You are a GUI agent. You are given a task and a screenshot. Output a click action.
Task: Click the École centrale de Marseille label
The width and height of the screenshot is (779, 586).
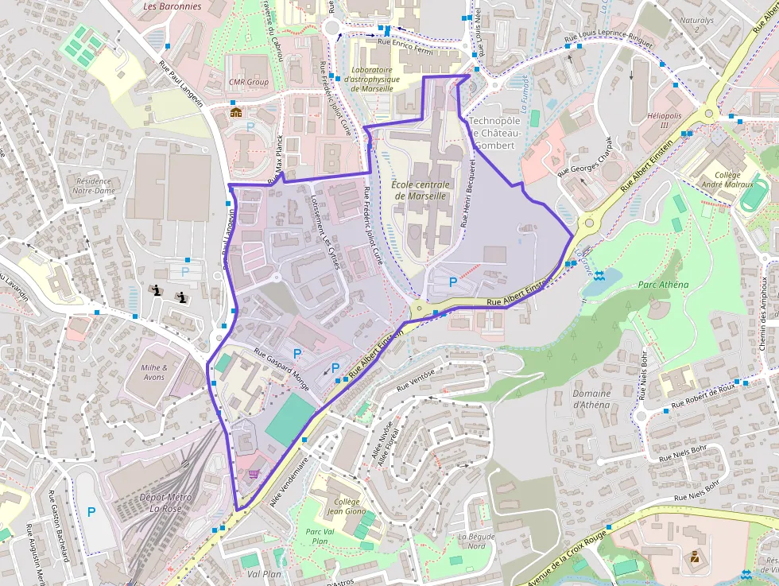tap(421, 190)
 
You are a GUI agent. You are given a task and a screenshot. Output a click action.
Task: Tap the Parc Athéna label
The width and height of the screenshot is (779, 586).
tap(663, 285)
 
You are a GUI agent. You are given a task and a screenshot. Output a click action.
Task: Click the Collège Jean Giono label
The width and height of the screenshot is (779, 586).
tap(347, 507)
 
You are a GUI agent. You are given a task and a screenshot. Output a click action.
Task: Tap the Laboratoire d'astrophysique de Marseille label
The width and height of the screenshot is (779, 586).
tap(371, 79)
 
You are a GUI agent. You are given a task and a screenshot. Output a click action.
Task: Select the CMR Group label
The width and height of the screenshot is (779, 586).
tap(248, 82)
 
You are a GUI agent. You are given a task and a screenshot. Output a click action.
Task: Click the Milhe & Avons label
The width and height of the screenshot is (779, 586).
tap(153, 372)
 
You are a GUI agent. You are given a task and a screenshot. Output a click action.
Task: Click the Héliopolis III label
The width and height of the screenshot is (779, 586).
tap(664, 121)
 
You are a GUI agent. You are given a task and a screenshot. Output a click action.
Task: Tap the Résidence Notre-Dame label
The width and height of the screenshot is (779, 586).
tap(93, 185)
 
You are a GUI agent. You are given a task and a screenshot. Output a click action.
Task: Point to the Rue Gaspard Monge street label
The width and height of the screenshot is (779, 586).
tap(281, 364)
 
